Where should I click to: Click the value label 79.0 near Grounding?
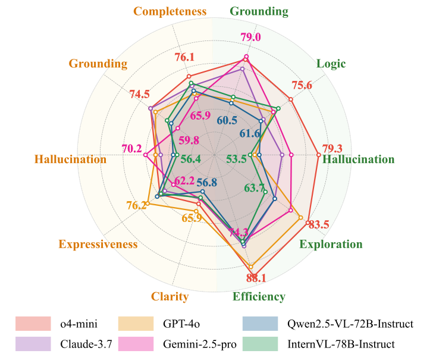pyautogui.click(x=250, y=37)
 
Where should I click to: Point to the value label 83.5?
pyautogui.click(x=318, y=224)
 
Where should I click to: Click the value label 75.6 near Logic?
pyautogui.click(x=302, y=85)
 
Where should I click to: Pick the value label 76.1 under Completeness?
pyautogui.click(x=185, y=57)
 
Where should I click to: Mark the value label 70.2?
pyautogui.click(x=131, y=148)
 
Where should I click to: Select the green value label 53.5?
pyautogui.click(x=236, y=159)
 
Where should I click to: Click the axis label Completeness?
pyautogui.click(x=170, y=11)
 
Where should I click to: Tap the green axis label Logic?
pyautogui.click(x=331, y=64)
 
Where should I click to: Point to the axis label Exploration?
pyautogui.click(x=331, y=244)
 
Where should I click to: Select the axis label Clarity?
pyautogui.click(x=170, y=297)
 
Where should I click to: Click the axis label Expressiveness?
pyautogui.click(x=98, y=245)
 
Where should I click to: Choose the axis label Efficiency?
pyautogui.click(x=259, y=297)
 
